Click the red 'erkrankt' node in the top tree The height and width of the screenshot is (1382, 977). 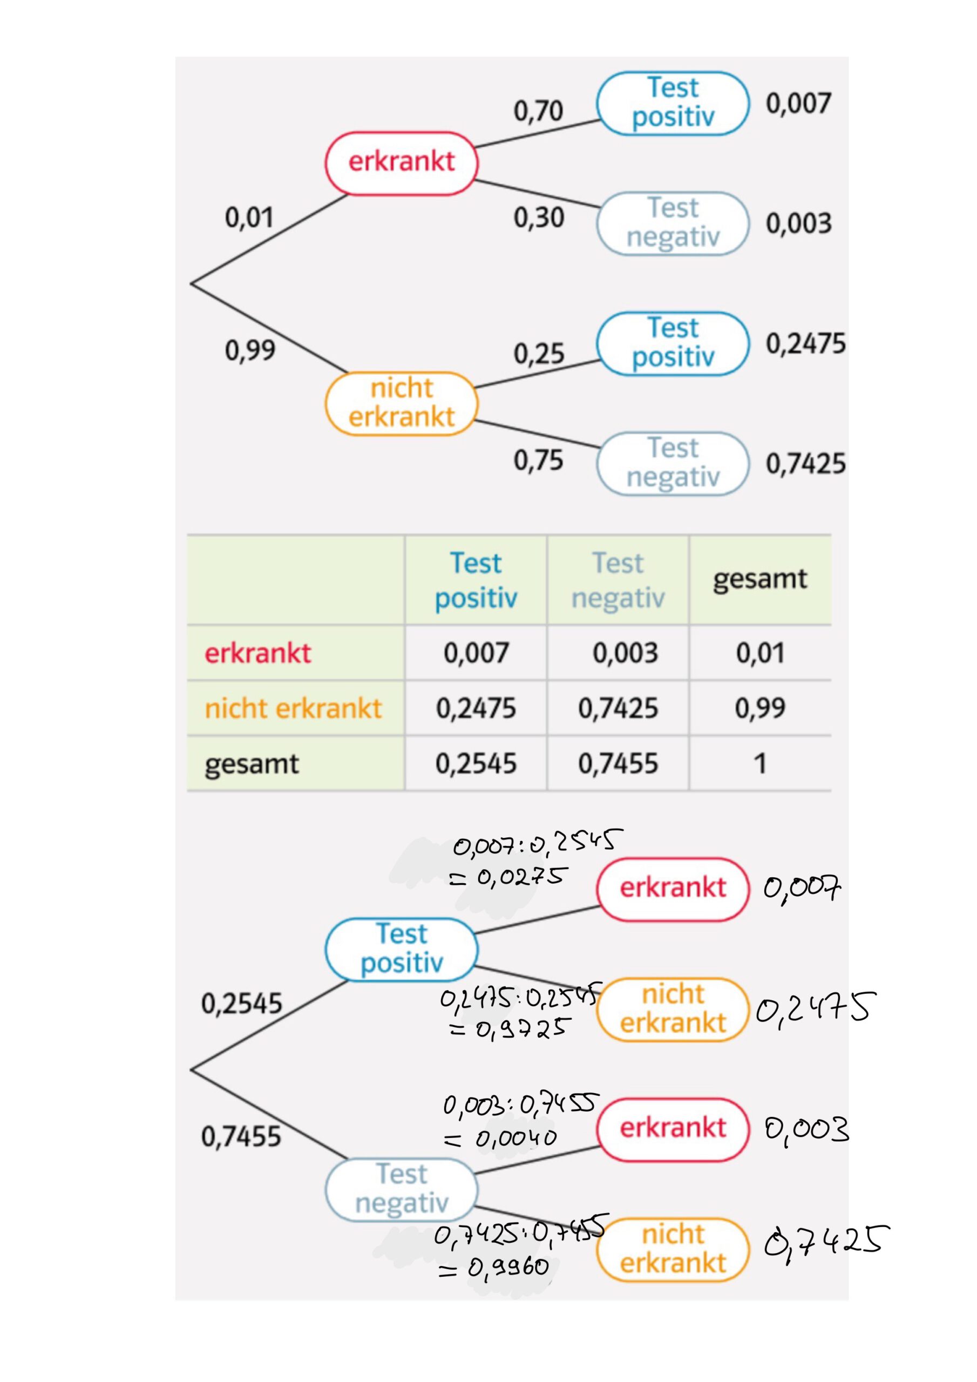click(x=402, y=162)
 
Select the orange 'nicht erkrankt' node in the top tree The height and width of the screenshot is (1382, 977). click(x=402, y=403)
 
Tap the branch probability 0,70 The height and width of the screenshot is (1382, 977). click(x=538, y=111)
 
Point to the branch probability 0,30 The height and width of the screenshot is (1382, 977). click(x=538, y=218)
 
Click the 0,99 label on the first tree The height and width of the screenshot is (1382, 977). click(x=250, y=350)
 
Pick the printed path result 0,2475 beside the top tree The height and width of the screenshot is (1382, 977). click(x=805, y=344)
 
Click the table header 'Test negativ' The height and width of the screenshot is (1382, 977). click(x=618, y=580)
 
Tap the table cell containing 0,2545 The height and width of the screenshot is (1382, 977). click(x=476, y=764)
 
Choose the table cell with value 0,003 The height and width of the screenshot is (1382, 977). click(x=625, y=653)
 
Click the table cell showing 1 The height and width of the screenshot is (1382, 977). click(x=759, y=764)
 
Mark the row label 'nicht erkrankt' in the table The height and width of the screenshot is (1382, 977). click(x=293, y=708)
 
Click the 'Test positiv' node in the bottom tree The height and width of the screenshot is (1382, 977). click(x=402, y=949)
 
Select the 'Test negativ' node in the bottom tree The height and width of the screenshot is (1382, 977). click(x=402, y=1189)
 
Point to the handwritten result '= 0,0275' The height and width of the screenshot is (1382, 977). click(x=508, y=878)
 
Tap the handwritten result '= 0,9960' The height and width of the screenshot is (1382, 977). click(x=493, y=1268)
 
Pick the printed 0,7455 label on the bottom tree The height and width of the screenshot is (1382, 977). click(x=241, y=1136)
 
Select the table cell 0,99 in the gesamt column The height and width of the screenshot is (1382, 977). click(x=759, y=708)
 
